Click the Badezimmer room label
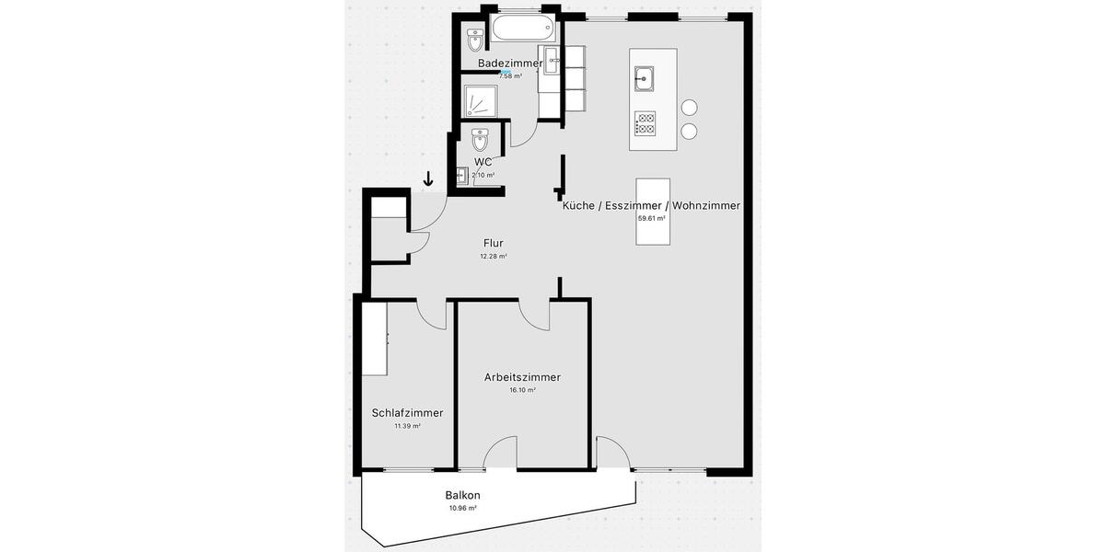(510, 63)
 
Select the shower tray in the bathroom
(480, 99)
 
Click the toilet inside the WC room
(480, 141)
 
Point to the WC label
(483, 163)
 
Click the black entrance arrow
(428, 179)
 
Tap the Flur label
(493, 244)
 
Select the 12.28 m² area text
(493, 257)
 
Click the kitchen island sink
(644, 78)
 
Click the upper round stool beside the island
(689, 108)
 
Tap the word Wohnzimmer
(705, 206)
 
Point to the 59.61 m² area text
(651, 219)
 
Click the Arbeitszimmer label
(522, 377)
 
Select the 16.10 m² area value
(522, 390)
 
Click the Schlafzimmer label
(407, 414)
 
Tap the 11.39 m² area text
(407, 426)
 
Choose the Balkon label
(462, 495)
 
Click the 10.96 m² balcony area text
(462, 508)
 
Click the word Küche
(578, 206)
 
